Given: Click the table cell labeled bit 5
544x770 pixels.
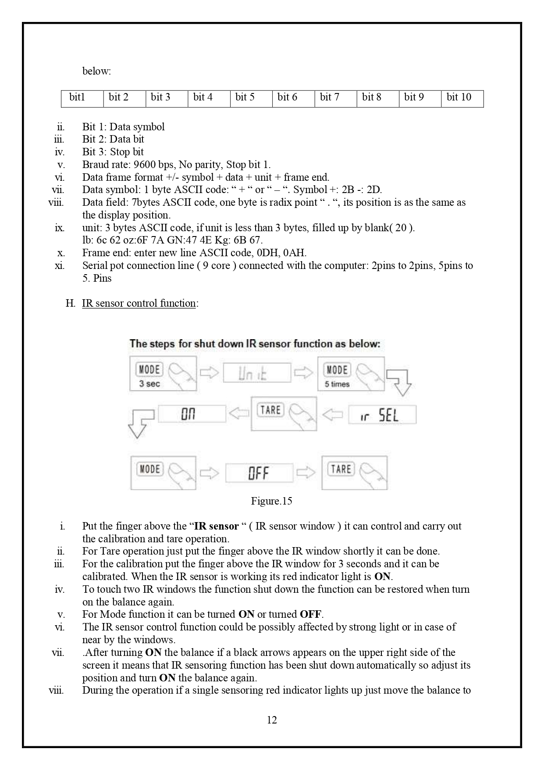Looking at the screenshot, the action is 251,98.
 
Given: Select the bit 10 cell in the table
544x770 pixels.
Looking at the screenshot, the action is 462,98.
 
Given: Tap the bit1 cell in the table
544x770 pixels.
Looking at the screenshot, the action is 82,98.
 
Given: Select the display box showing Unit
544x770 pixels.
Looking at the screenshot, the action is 257,373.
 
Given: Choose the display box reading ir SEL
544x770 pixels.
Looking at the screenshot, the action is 382,415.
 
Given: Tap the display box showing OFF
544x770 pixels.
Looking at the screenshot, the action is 259,473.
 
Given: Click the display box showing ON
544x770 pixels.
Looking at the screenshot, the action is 192,414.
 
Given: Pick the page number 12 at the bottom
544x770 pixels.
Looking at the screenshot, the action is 272,720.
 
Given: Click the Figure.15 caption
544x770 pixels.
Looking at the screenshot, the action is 272,501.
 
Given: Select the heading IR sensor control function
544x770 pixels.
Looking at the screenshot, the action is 139,303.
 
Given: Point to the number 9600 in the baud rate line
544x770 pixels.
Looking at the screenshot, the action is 145,165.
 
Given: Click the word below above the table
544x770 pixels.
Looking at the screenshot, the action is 96,71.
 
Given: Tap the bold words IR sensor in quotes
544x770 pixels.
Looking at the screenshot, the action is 216,526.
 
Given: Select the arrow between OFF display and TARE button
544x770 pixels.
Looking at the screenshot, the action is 306,473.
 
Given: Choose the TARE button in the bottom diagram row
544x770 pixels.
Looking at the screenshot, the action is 355,473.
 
